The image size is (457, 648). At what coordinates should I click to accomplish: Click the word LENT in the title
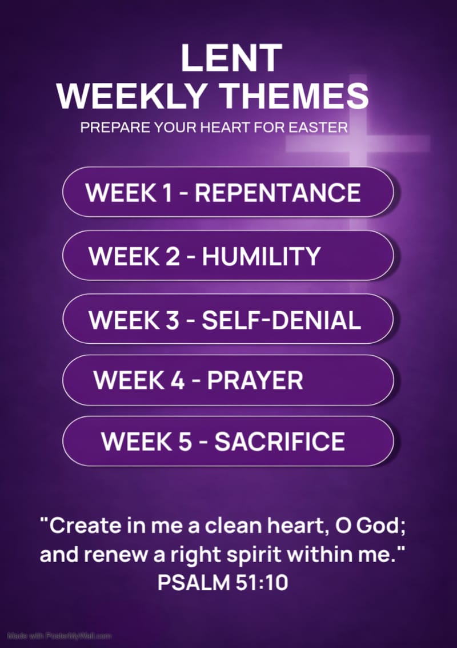coord(231,58)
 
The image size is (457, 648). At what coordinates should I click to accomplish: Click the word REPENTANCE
coord(278,193)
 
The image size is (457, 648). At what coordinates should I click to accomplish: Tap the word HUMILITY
coord(261,257)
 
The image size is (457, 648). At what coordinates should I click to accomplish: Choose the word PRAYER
coord(255,380)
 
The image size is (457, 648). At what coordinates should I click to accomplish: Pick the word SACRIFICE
coord(280,442)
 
